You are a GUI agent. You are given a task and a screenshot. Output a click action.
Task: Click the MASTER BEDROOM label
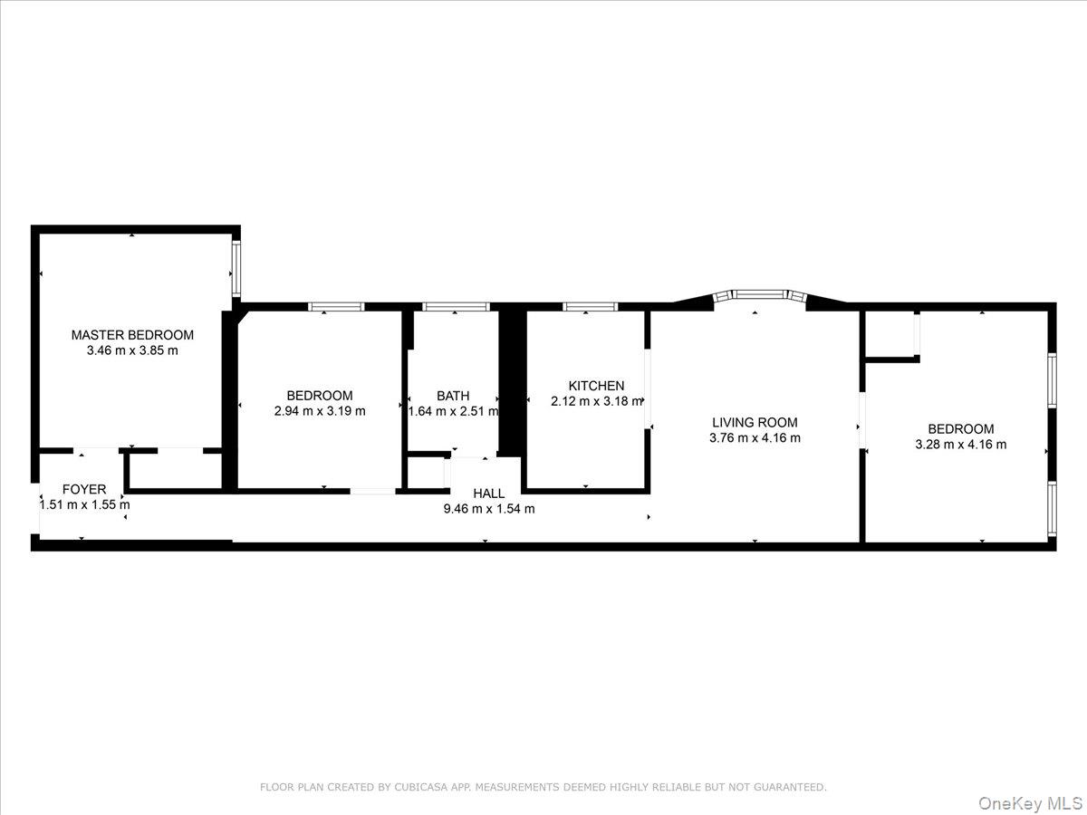(132, 335)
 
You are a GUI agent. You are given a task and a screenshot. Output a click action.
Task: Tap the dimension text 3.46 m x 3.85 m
(132, 350)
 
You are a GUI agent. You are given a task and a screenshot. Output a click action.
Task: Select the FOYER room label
(84, 489)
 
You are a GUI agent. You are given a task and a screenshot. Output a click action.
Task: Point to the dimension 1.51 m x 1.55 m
(84, 504)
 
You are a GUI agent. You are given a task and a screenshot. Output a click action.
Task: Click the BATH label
(453, 396)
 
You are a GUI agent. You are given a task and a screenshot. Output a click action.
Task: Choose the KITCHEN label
(596, 386)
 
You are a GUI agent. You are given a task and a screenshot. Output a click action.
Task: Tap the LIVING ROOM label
(755, 422)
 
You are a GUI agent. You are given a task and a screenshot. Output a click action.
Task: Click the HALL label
(488, 494)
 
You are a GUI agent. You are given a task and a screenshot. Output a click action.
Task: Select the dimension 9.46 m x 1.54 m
(488, 509)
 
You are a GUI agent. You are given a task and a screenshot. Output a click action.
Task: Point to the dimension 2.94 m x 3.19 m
(320, 411)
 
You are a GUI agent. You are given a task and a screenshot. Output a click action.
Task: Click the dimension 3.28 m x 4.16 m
(961, 445)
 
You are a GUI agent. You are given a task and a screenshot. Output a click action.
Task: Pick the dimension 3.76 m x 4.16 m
(755, 437)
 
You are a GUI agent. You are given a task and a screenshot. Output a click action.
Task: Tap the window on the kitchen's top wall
(590, 307)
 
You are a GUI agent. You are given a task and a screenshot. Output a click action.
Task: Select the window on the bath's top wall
(456, 307)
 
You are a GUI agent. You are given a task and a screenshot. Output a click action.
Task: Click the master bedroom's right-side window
(236, 268)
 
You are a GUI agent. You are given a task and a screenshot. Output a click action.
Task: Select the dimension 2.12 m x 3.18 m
(596, 401)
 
